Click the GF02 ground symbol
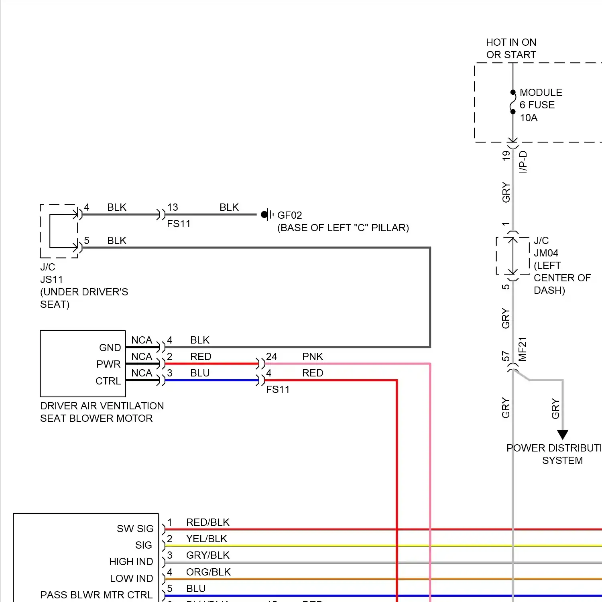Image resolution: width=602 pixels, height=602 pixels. [266, 215]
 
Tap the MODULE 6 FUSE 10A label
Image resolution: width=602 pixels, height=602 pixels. [540, 105]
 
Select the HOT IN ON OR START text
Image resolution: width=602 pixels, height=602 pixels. [511, 49]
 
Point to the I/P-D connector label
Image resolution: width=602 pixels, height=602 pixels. [523, 162]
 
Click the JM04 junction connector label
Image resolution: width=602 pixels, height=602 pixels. [546, 253]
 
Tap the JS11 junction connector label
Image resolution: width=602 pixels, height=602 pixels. [51, 279]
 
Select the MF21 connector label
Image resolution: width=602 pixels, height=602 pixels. [522, 349]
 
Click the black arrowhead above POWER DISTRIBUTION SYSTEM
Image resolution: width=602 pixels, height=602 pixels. [563, 435]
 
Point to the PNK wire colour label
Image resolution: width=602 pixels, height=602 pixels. [312, 356]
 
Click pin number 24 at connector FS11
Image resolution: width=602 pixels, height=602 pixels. [272, 356]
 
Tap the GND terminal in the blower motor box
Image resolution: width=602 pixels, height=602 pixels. [110, 348]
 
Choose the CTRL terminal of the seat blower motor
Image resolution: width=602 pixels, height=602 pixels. [108, 381]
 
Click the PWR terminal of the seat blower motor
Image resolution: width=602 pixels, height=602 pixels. [108, 364]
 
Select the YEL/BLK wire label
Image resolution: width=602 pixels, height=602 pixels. [207, 539]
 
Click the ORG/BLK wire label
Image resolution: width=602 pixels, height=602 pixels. [208, 572]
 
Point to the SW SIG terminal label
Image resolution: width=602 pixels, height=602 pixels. [135, 529]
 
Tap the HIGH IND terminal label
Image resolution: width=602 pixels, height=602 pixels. [131, 561]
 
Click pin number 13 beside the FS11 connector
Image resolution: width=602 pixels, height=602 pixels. [173, 207]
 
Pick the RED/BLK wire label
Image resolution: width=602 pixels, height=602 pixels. [207, 522]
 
